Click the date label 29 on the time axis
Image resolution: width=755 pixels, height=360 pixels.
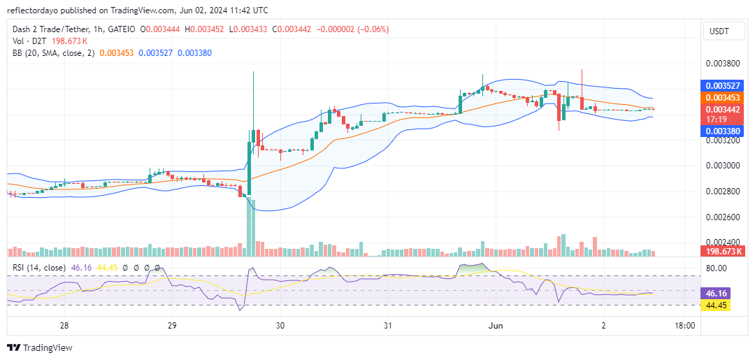click(x=172, y=326)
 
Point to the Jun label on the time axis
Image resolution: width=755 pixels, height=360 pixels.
click(x=496, y=326)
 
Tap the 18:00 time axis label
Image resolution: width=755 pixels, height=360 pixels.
click(x=684, y=326)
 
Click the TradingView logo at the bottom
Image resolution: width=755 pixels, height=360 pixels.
click(x=40, y=347)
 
